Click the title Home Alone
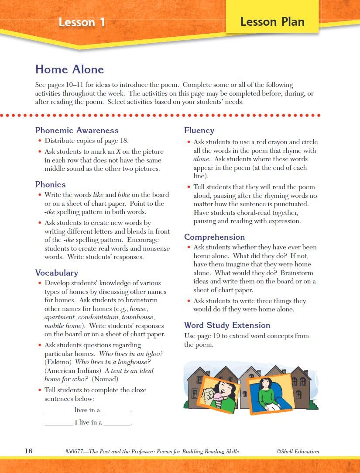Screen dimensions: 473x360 coord(69,69)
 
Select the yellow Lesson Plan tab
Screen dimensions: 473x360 coord(272,21)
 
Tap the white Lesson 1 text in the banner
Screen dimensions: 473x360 coord(82,22)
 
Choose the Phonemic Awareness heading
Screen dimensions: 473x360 coord(77,130)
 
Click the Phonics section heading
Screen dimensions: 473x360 coord(50,184)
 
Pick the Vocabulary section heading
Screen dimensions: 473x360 coord(57,273)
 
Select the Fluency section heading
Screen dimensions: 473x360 coord(199,130)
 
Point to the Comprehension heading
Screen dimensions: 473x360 coord(214,237)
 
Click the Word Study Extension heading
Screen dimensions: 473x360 coord(227,325)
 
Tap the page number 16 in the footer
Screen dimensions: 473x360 coord(28,451)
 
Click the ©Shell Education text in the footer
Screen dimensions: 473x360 coord(298,451)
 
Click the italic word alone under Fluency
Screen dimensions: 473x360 coord(202,159)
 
